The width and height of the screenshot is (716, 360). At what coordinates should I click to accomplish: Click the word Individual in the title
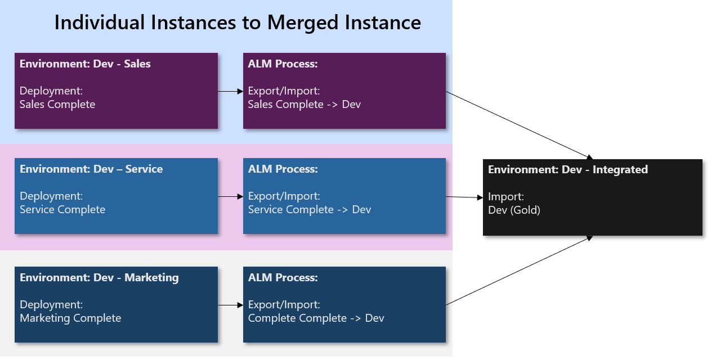coord(100,22)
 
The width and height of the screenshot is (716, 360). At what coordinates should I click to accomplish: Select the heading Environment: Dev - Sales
coord(85,64)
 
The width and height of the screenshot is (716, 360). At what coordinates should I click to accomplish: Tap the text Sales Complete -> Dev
coord(305,105)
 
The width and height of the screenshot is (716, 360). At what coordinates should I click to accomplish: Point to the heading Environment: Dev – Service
coord(91,169)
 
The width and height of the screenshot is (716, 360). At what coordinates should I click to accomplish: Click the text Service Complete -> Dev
coord(310,210)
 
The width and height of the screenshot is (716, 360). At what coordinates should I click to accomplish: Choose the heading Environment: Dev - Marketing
coord(99,278)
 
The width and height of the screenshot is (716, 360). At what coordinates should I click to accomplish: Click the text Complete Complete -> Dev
coord(316,318)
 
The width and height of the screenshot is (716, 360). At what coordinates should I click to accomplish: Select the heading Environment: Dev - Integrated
coord(568,170)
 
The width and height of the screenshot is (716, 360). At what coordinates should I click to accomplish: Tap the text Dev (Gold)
coord(514,210)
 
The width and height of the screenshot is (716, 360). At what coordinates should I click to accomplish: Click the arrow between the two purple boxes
coord(230,91)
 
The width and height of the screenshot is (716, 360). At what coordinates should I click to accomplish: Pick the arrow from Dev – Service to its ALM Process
coord(230,196)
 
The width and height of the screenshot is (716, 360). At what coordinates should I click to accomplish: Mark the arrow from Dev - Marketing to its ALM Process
coord(230,305)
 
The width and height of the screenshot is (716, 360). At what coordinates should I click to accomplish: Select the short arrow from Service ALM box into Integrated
coord(464,197)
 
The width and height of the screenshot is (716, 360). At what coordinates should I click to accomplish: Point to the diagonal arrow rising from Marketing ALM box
coord(520,270)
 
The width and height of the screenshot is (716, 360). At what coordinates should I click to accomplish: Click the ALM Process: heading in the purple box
coord(283,64)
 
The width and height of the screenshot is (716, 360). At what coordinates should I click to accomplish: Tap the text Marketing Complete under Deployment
coord(70,318)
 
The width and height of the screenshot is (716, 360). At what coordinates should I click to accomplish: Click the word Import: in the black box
coord(506,197)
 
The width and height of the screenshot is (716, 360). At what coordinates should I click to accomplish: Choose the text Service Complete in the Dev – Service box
coord(62,210)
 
